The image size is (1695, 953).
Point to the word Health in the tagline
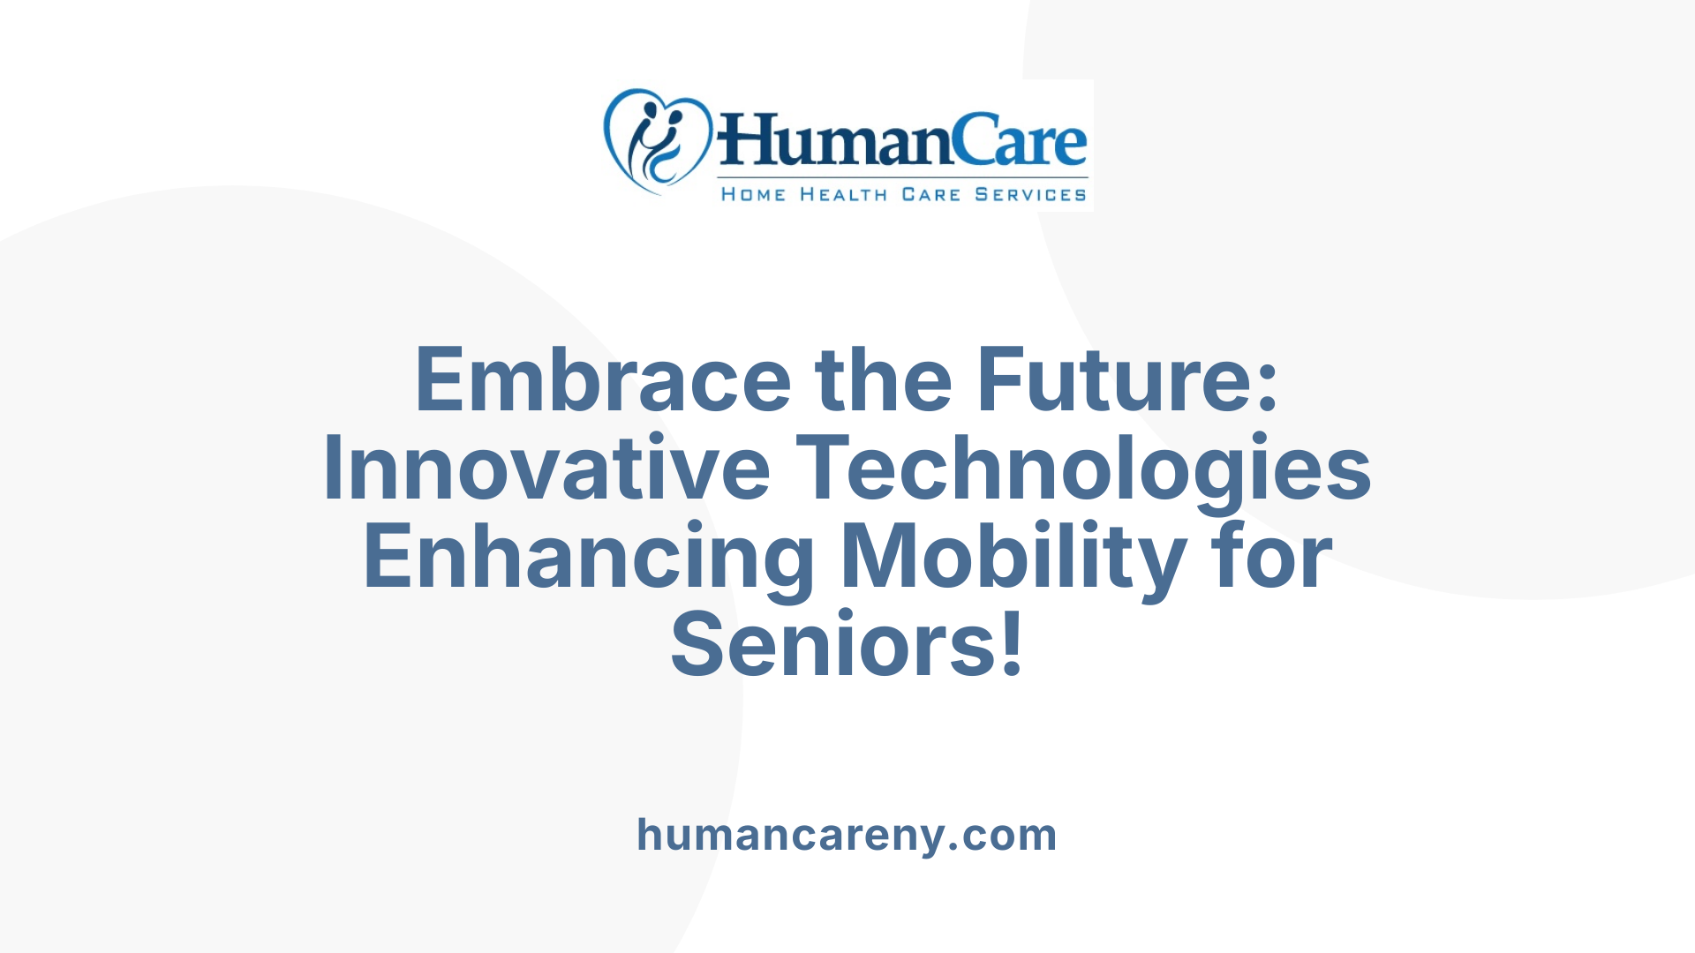tap(843, 194)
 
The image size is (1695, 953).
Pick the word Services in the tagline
tap(1030, 194)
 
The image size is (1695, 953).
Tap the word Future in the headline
tap(1113, 380)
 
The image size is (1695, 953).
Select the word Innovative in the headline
tap(546, 469)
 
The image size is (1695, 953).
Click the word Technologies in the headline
tap(1083, 469)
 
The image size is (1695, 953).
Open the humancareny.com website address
tap(847, 835)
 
